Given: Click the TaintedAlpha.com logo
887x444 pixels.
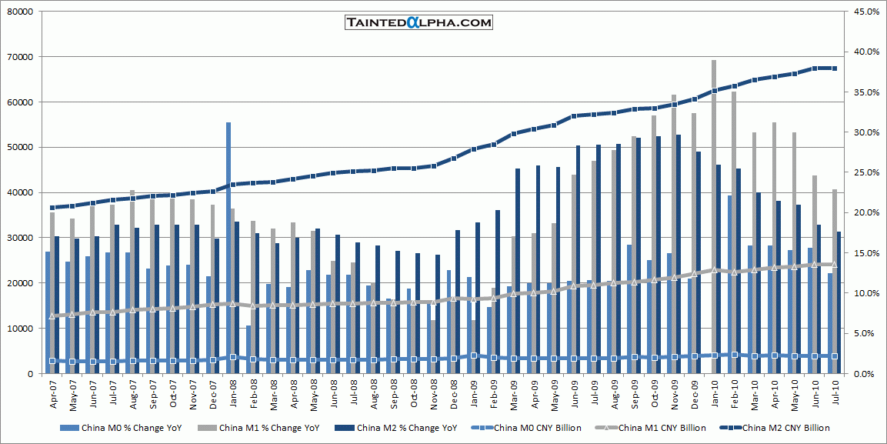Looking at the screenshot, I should tap(418, 22).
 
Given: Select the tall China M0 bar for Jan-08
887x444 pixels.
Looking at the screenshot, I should tap(228, 246).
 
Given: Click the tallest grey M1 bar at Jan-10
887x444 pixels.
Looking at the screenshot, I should tap(714, 215).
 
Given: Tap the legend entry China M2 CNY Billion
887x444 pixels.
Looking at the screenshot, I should tap(775, 428).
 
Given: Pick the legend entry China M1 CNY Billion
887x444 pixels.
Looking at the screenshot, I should tap(658, 428).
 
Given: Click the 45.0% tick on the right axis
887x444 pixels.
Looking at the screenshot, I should tap(865, 12).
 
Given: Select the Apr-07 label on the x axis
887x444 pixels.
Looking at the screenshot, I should tap(53, 394).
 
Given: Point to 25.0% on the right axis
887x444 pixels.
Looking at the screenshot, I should tap(865, 172).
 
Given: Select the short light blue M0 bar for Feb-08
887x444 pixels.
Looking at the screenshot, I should tap(248, 350).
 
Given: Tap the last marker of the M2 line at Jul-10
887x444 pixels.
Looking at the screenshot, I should tap(835, 68).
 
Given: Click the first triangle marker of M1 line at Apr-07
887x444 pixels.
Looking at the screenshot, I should tap(52, 315).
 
